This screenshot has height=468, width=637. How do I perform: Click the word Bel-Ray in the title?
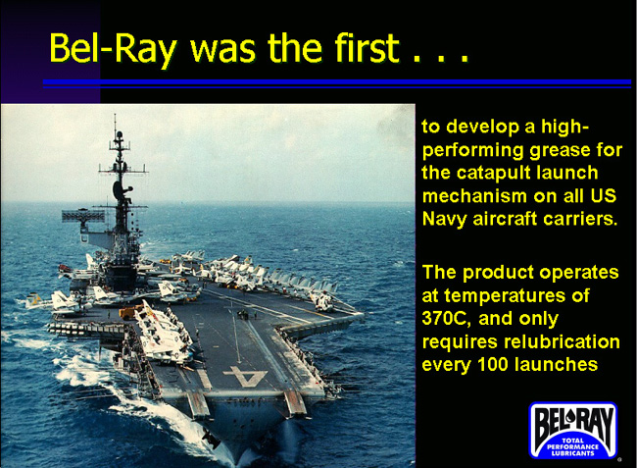[113, 49]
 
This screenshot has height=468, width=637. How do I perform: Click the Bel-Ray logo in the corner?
[573, 430]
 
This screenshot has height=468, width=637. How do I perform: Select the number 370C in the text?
[447, 318]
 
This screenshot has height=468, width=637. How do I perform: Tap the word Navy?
[445, 220]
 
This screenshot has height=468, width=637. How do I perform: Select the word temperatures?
[505, 295]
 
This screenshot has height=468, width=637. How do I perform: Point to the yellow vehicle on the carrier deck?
[129, 313]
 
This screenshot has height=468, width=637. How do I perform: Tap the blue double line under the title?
[337, 83]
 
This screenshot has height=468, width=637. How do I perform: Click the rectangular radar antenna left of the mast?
[82, 216]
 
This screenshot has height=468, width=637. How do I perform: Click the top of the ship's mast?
[115, 115]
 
